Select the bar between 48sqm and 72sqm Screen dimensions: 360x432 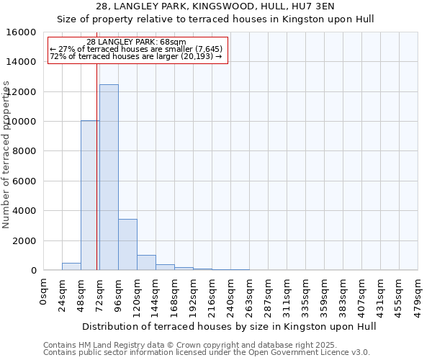(x=90, y=195)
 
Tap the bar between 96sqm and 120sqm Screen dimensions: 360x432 (x=127, y=244)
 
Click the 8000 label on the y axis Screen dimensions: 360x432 (x=25, y=151)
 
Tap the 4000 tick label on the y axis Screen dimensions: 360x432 (x=25, y=211)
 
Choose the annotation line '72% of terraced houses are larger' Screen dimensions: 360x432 (x=137, y=56)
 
